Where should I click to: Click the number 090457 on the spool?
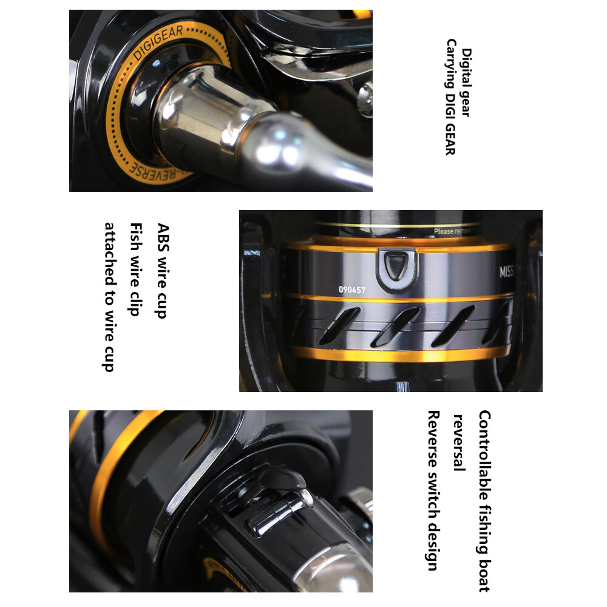[352, 290]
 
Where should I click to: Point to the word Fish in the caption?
[136, 234]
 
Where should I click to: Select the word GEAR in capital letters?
[450, 140]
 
